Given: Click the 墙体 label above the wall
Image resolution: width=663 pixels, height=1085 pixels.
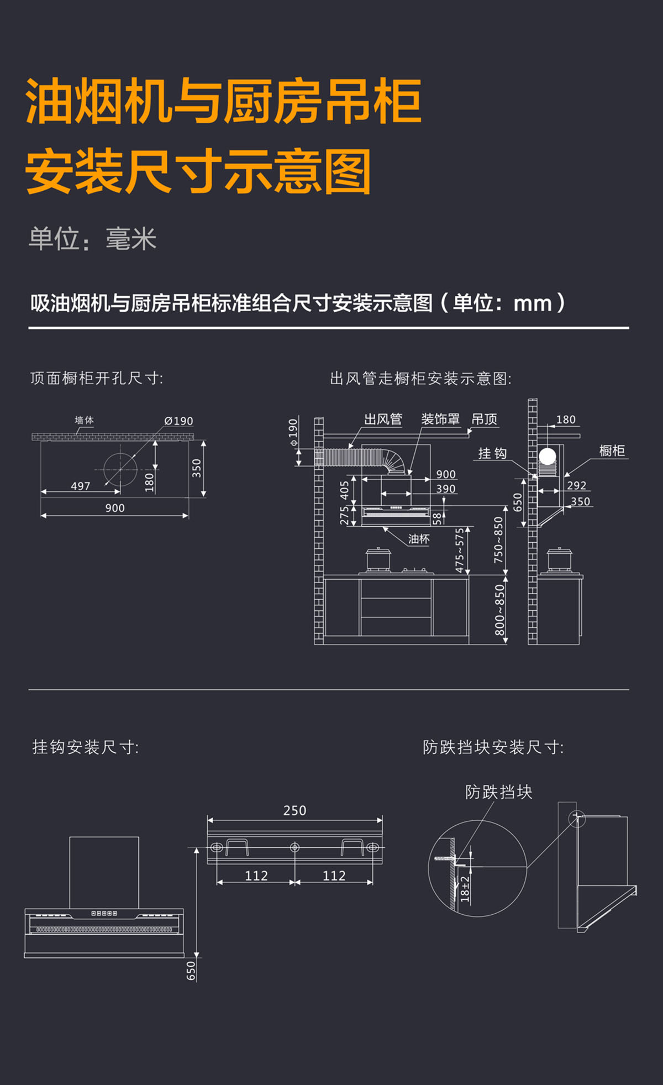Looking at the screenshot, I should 84,421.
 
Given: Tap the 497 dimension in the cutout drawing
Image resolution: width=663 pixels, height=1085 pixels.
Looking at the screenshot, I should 81,486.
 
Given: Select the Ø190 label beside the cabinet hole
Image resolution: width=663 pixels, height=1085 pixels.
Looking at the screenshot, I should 178,421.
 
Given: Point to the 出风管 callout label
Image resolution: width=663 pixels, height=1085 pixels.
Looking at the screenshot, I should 383,420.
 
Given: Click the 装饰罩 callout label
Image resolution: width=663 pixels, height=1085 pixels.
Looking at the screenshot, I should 440,420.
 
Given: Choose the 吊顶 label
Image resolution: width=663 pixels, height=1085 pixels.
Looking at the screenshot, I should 484,420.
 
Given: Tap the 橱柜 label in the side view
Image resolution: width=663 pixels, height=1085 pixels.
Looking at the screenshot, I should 612,451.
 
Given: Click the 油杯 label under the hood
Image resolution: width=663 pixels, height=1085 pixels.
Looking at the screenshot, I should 418,539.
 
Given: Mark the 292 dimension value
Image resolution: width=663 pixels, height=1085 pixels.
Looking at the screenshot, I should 576,485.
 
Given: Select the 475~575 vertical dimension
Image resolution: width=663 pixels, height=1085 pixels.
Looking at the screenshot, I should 460,550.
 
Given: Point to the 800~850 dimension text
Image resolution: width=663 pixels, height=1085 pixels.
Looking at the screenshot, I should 499,610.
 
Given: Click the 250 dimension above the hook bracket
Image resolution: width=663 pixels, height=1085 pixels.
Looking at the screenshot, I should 294,810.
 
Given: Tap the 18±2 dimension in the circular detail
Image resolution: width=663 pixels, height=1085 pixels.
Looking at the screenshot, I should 465,889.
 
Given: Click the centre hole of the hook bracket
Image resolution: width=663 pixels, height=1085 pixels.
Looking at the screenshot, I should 294,847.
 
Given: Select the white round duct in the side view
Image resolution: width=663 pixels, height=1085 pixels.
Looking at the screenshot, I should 547,457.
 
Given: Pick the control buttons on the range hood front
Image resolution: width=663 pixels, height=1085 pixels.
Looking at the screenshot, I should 104,914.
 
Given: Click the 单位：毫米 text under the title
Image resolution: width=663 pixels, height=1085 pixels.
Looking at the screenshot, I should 93,239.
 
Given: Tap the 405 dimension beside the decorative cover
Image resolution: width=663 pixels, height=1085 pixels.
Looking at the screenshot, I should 344,490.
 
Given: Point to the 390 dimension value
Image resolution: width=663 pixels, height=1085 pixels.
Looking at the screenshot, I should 446,489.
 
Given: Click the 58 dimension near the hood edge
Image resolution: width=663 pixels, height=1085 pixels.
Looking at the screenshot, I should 436,518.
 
